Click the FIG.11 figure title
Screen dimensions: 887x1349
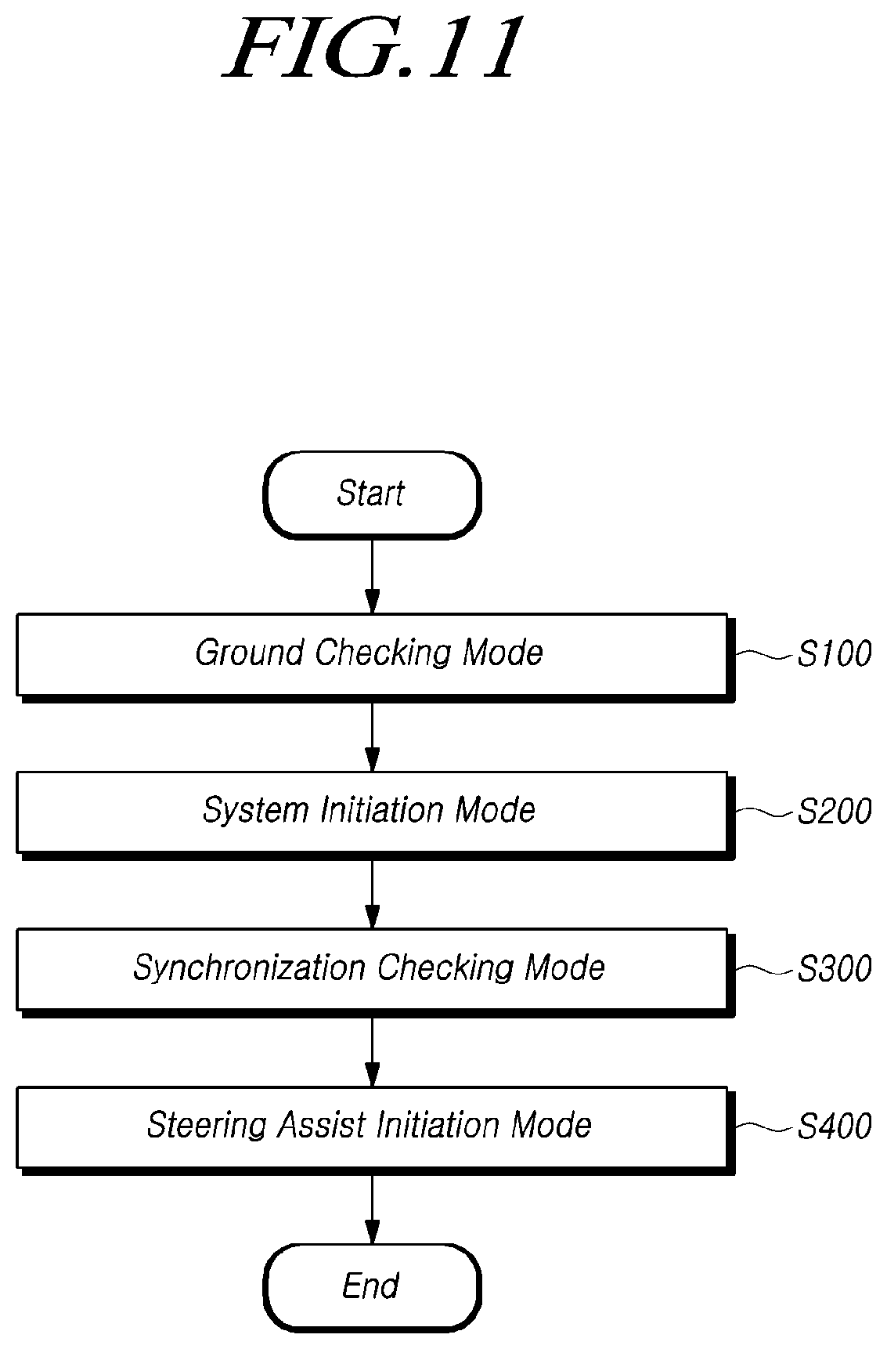click(371, 49)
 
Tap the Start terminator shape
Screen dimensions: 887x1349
click(372, 494)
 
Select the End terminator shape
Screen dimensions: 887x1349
click(372, 1286)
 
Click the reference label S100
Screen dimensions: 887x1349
click(834, 653)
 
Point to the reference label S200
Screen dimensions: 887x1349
click(834, 812)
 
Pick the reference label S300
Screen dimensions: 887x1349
click(834, 970)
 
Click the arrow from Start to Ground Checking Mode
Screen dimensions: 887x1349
click(372, 576)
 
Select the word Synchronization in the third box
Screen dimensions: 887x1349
click(249, 969)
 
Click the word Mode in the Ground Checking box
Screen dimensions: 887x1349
click(503, 653)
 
